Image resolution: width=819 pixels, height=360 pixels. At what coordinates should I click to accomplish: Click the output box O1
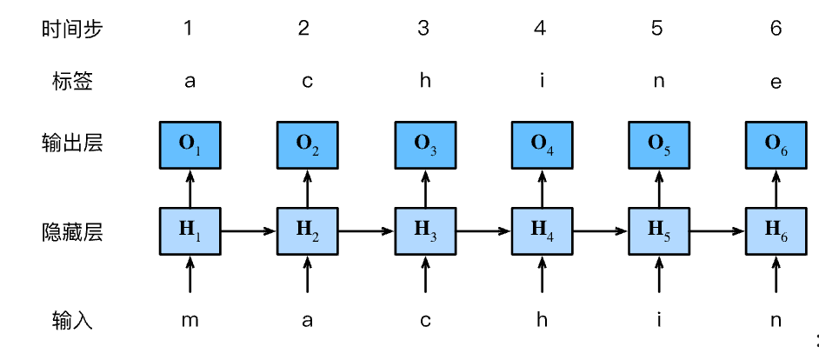tap(190, 144)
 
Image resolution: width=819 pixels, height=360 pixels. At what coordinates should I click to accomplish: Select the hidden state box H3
tap(424, 230)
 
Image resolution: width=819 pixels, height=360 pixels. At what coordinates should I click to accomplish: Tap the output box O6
tap(776, 144)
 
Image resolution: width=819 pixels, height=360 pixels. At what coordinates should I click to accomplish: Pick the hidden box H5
tap(658, 230)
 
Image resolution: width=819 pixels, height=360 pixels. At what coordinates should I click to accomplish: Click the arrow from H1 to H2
tap(248, 231)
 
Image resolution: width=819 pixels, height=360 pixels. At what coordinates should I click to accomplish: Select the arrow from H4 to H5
tap(600, 231)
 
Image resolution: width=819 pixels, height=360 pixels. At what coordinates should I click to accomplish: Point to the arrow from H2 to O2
tap(307, 187)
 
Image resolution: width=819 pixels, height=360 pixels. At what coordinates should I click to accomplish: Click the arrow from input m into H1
tap(190, 276)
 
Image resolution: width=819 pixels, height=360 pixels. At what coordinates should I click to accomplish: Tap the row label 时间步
tap(72, 29)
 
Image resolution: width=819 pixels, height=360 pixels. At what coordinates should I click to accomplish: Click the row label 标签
tap(72, 83)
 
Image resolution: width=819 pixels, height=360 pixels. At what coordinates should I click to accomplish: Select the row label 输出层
tap(72, 143)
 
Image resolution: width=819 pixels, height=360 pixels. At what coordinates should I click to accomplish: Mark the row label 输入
tap(72, 321)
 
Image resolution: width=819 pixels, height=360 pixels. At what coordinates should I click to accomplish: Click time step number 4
tap(541, 29)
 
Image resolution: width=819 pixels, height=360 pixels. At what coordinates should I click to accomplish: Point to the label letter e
tap(776, 83)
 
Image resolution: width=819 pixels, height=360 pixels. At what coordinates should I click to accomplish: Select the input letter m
tap(190, 321)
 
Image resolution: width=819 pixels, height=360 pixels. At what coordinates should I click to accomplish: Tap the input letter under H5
tap(658, 320)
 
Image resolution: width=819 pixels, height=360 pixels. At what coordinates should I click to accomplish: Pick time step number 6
tap(776, 29)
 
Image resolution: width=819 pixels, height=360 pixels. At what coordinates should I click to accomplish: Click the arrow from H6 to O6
tap(776, 187)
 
